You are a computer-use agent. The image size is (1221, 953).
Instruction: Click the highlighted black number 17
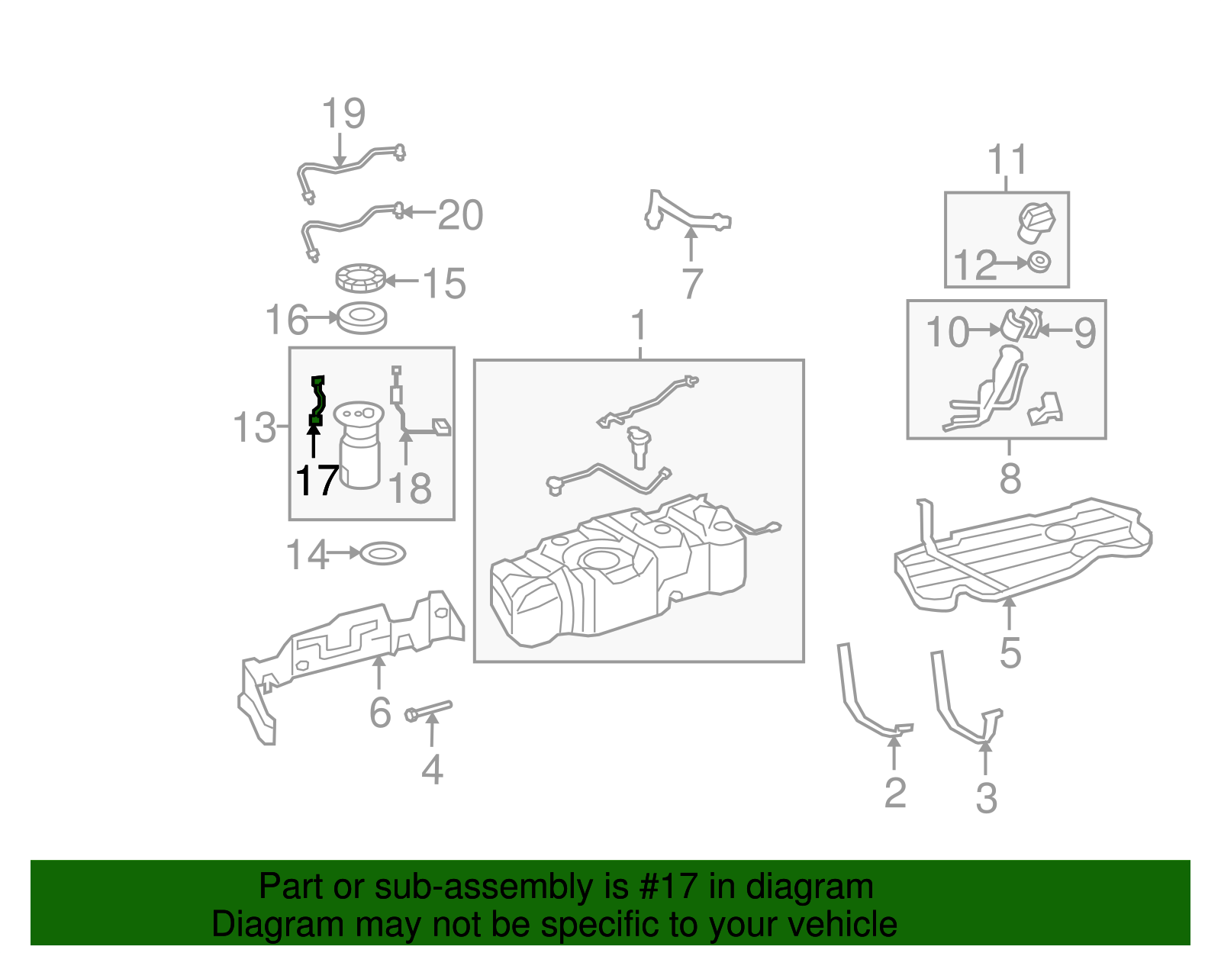tap(317, 481)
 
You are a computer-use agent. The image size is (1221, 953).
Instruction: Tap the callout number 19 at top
tap(343, 114)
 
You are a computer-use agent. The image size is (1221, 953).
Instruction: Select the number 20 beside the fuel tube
tap(460, 215)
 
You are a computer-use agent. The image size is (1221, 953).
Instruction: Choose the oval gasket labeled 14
tap(382, 553)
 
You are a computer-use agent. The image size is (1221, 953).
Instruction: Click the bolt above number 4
tap(429, 711)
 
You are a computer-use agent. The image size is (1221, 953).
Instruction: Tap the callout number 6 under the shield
tap(380, 713)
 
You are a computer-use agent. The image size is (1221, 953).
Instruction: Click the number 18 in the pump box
tap(410, 488)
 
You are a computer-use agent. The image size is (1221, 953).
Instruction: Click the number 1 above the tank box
tap(639, 326)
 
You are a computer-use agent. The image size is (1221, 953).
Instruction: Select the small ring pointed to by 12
tap(1038, 262)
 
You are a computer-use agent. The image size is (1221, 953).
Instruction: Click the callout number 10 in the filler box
tap(946, 332)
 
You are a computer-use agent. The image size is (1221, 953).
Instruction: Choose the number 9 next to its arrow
tap(1084, 333)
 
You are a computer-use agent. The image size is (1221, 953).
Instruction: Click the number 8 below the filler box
tap(1010, 479)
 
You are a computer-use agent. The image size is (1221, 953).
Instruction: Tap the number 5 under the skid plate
tap(1010, 653)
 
